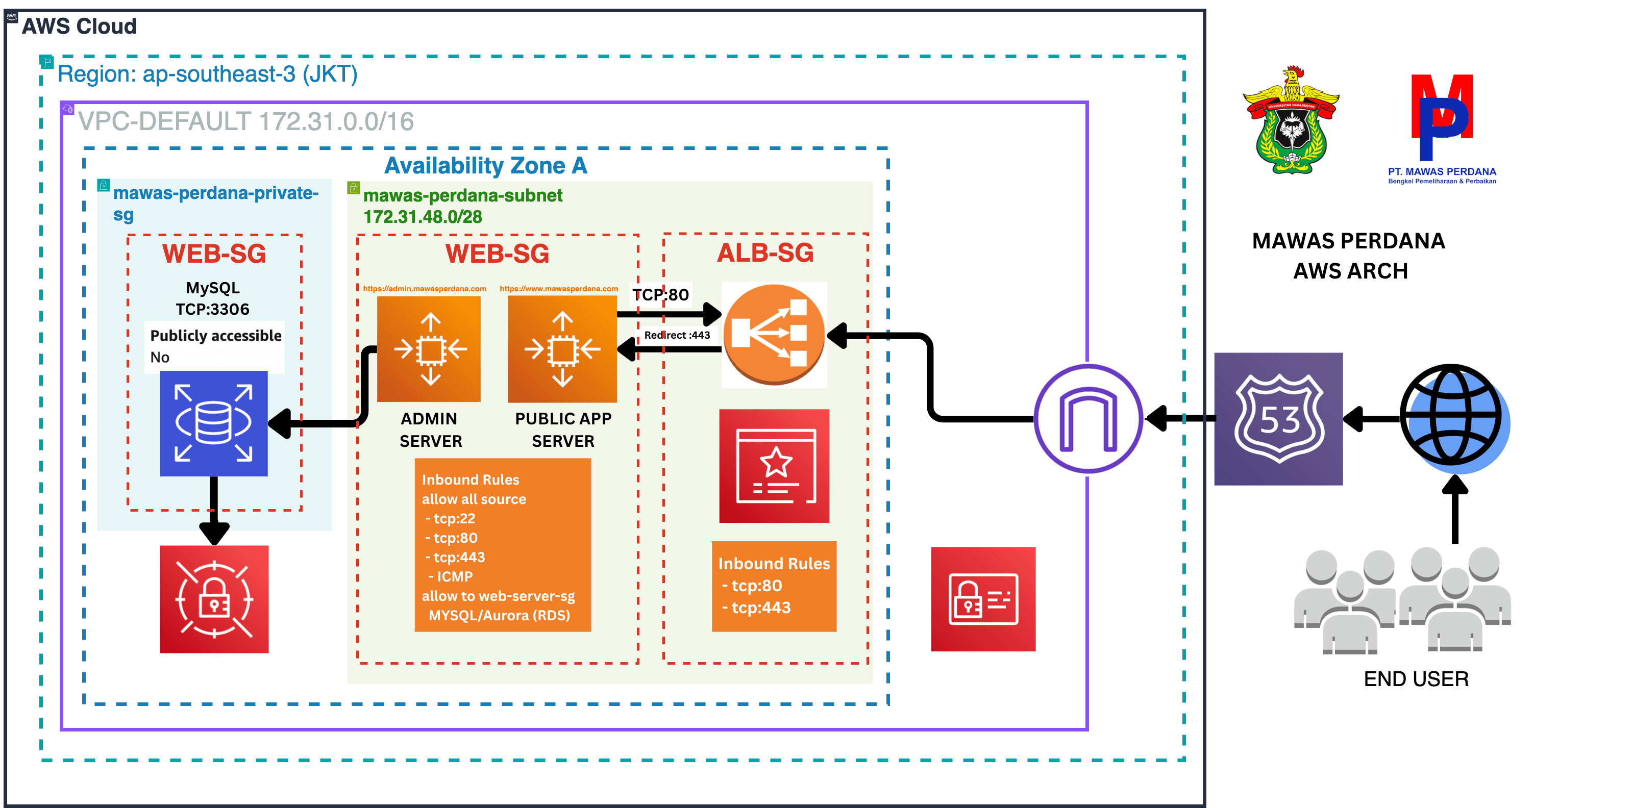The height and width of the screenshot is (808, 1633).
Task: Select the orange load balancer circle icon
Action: [774, 334]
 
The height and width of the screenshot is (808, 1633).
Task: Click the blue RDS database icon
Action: [214, 423]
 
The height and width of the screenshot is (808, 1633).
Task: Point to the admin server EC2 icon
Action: [429, 348]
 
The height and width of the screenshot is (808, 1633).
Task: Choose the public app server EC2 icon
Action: [562, 348]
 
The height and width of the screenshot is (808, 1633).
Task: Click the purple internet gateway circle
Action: [1088, 418]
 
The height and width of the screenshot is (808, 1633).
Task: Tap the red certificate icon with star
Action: [774, 466]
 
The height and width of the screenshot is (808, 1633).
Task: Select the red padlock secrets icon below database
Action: [214, 599]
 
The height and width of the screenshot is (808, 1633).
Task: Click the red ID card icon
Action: [983, 599]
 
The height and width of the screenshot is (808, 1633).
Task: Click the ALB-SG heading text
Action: [765, 253]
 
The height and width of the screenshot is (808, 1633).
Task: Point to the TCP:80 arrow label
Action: [660, 295]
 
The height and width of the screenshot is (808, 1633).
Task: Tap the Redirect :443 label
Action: [677, 335]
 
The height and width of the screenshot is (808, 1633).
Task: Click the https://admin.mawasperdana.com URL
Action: [425, 288]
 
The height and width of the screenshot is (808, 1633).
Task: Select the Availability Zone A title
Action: [486, 165]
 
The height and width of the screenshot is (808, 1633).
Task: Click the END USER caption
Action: [1416, 679]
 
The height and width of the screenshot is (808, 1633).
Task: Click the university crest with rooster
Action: [1291, 120]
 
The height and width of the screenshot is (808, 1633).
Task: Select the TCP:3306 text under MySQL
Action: [212, 309]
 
